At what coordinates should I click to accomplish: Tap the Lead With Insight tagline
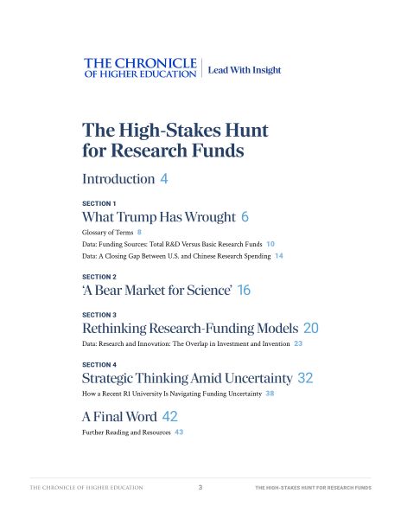click(245, 70)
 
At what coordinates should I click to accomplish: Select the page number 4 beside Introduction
click(163, 179)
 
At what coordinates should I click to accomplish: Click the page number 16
click(244, 292)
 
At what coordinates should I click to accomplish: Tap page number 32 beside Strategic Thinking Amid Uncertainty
click(305, 379)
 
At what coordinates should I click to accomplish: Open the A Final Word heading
click(118, 416)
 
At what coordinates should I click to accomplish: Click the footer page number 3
click(200, 488)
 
